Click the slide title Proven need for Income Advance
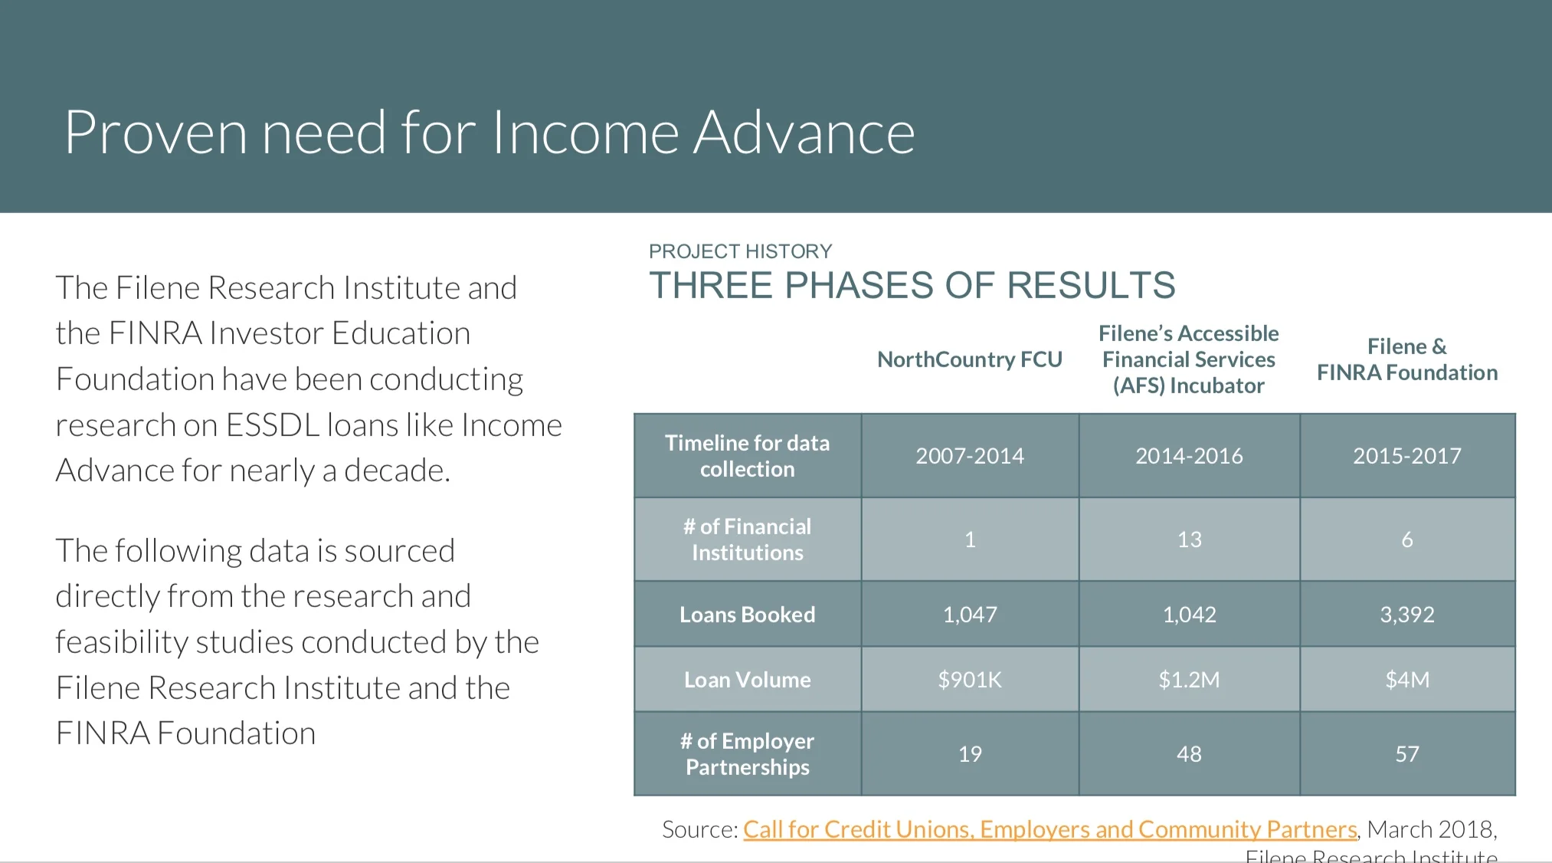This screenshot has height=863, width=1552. (x=489, y=133)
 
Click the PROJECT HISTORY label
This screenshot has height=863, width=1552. (x=740, y=251)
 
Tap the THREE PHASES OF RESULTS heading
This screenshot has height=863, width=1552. (x=912, y=286)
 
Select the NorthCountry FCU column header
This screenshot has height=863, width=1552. (x=969, y=359)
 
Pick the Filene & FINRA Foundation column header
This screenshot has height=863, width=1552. (x=1406, y=359)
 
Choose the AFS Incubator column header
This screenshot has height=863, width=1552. (x=1188, y=359)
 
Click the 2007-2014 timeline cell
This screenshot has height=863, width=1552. (x=969, y=456)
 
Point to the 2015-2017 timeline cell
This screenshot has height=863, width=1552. (x=1406, y=456)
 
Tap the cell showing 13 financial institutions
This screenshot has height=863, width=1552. (x=1189, y=540)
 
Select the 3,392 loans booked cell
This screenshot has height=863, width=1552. (x=1406, y=615)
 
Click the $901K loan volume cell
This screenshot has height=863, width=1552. (x=969, y=680)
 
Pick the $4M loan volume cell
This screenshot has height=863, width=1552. (x=1406, y=680)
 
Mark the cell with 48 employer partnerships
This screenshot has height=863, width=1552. (x=1189, y=754)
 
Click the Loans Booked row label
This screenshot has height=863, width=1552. (x=747, y=615)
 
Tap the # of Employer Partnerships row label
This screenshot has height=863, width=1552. (x=747, y=754)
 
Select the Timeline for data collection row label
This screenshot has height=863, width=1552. (x=747, y=456)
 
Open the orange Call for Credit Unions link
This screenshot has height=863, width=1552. (x=1049, y=829)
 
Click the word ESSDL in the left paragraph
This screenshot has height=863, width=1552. (x=273, y=425)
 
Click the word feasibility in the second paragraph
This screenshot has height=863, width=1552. (x=121, y=642)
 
